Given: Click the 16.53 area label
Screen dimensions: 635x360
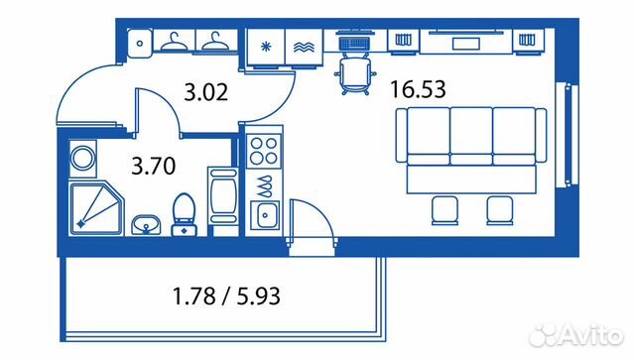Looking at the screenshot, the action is tap(418, 89).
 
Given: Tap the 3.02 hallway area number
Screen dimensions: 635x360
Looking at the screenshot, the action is tap(205, 92).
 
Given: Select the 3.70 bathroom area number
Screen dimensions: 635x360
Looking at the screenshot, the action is tap(154, 166).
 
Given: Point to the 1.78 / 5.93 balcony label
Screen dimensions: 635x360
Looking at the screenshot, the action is tap(226, 296).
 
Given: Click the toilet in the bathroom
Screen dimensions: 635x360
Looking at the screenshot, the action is tap(185, 214).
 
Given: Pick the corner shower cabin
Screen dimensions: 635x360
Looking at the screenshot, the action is tap(96, 208).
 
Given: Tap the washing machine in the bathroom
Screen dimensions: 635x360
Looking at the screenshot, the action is tap(83, 159).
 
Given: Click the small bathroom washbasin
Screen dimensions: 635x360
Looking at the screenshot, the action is tap(146, 225).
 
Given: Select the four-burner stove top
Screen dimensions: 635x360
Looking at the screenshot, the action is tap(264, 150).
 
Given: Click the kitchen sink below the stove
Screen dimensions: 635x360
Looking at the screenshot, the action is tap(265, 213).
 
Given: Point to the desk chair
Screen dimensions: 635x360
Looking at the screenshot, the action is tap(355, 74).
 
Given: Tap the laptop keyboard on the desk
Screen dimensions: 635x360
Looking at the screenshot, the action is tap(354, 43).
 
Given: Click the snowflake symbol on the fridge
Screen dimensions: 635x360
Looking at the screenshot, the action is tap(266, 47).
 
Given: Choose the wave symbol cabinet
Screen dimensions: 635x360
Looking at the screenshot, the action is tap(304, 48).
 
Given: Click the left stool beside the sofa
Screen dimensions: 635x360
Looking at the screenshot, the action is tap(444, 210).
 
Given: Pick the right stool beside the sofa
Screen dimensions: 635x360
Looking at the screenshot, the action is tap(500, 210).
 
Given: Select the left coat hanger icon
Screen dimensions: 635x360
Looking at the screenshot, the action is tap(175, 42).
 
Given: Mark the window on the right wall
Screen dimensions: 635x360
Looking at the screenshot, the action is tap(567, 135).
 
